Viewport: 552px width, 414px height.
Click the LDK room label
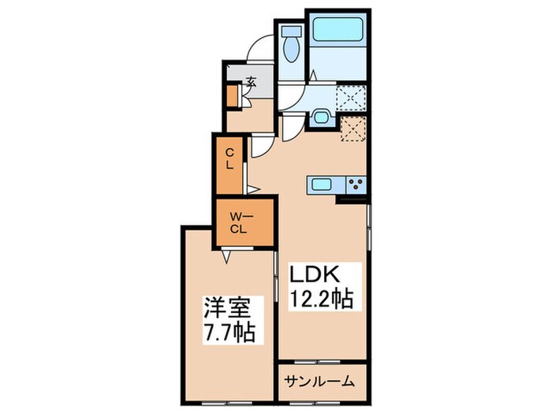[314, 275]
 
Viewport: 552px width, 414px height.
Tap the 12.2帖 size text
[321, 299]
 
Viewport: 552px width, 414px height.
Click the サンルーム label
[319, 381]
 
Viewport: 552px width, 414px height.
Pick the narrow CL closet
[229, 165]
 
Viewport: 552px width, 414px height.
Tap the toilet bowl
[291, 49]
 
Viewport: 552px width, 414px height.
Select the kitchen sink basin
[320, 184]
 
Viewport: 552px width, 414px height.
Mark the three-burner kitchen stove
[356, 185]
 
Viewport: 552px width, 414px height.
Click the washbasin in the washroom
[321, 117]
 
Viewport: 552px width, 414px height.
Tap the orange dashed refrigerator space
[353, 129]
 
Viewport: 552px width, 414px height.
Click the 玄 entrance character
[251, 82]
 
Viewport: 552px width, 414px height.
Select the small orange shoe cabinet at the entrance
[232, 95]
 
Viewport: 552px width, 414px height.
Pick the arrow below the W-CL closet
[226, 256]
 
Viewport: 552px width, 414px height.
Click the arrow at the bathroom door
[313, 76]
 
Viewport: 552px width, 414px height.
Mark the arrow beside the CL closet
[253, 189]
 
